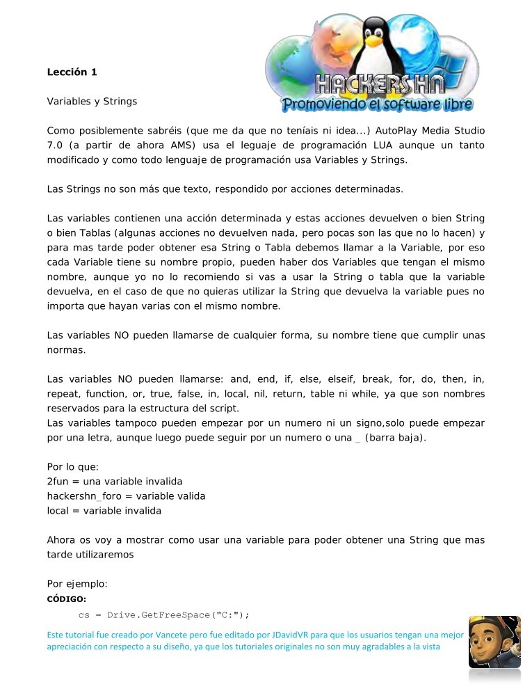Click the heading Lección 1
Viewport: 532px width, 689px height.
(72, 72)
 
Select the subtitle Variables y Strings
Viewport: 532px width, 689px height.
(92, 102)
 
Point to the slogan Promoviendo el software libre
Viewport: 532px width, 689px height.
(377, 105)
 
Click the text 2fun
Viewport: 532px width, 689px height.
(58, 482)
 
